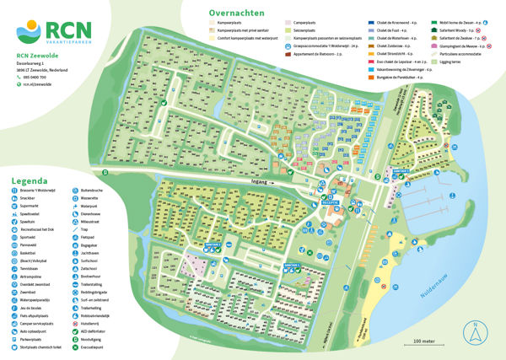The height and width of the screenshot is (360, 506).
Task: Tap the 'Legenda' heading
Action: [29, 180]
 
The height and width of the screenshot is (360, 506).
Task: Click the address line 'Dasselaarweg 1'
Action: [35, 62]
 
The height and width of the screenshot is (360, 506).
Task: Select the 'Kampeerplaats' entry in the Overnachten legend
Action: [232, 25]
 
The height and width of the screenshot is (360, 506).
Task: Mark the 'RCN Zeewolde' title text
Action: [38, 55]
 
